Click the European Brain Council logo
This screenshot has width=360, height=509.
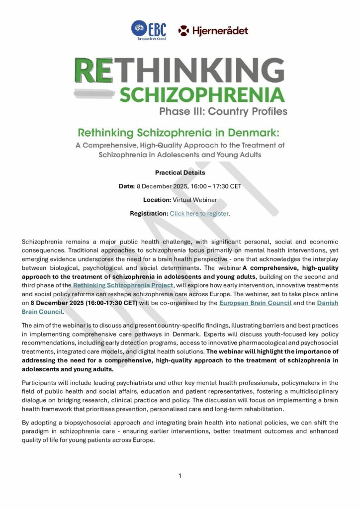click(149, 30)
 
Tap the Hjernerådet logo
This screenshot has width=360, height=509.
click(213, 31)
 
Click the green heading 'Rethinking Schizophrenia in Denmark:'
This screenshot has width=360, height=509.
click(180, 133)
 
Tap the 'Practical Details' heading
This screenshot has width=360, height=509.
click(180, 172)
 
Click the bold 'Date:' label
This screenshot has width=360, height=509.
click(127, 186)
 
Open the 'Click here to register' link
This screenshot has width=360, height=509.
click(199, 213)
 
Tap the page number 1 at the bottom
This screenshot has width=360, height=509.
click(180, 476)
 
